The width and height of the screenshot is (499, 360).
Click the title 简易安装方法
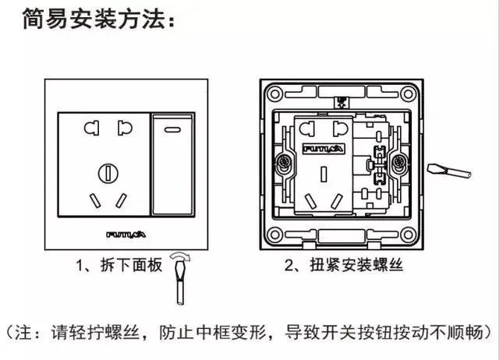pos(92,19)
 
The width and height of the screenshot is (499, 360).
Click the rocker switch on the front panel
pos(172,165)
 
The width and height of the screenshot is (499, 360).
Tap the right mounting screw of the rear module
pos(400,164)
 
